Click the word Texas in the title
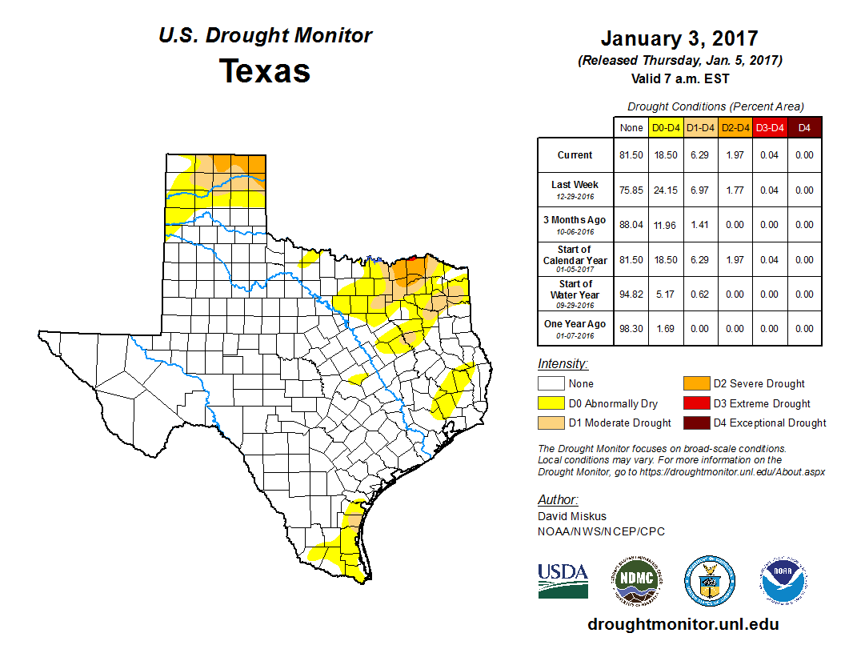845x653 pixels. pyautogui.click(x=265, y=71)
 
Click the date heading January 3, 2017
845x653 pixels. pyautogui.click(x=679, y=38)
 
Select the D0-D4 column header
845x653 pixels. pyautogui.click(x=666, y=127)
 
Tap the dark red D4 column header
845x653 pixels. pyautogui.click(x=804, y=127)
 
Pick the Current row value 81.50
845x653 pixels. pyautogui.click(x=631, y=155)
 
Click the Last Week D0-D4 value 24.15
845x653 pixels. pyautogui.click(x=666, y=190)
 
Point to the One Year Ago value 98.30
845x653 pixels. pyautogui.click(x=631, y=328)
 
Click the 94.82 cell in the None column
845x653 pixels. pyautogui.click(x=631, y=294)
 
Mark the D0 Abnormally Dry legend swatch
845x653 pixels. pyautogui.click(x=551, y=403)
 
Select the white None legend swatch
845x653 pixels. pyautogui.click(x=551, y=383)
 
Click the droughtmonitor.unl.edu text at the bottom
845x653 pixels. pyautogui.click(x=683, y=624)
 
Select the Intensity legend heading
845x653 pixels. pyautogui.click(x=563, y=364)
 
